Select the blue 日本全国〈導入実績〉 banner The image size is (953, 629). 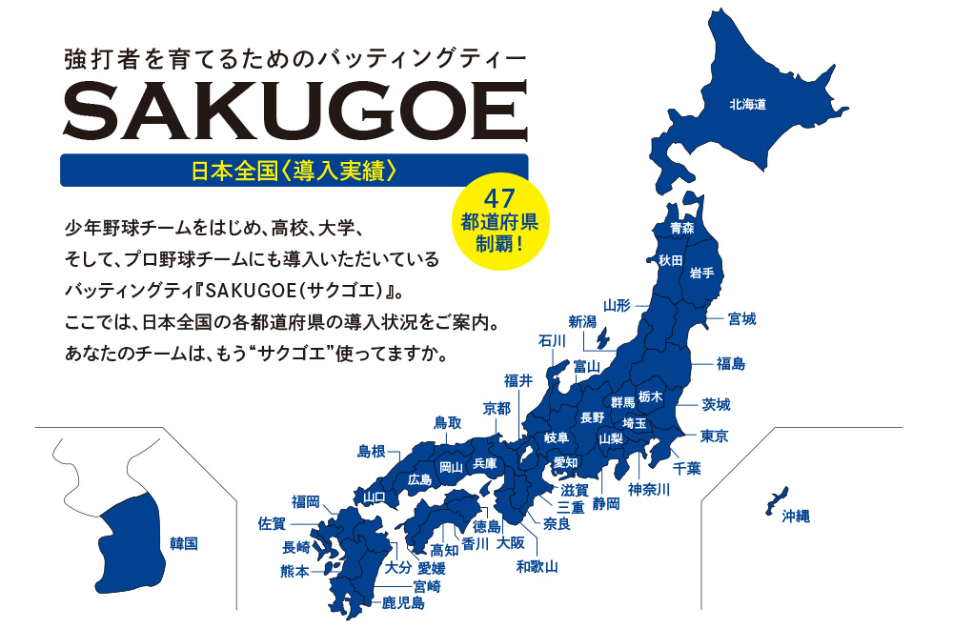tap(294, 171)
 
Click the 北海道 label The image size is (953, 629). tap(748, 103)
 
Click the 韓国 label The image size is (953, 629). tap(183, 543)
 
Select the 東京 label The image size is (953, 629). tap(715, 436)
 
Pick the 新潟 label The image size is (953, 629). tap(582, 321)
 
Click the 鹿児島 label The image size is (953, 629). tap(403, 602)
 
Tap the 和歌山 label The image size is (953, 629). tap(537, 566)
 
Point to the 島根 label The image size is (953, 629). tap(372, 451)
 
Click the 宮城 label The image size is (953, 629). tap(741, 318)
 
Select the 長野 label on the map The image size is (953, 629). tap(592, 417)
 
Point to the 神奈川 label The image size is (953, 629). tap(649, 490)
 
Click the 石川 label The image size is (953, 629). tap(553, 340)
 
